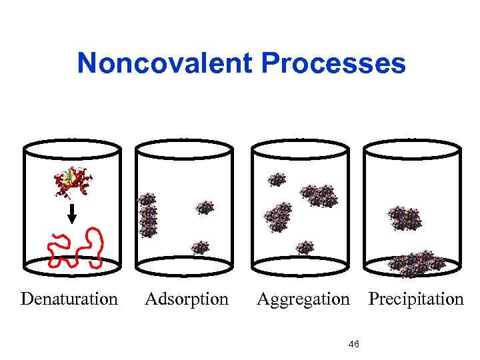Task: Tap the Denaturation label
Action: (x=69, y=299)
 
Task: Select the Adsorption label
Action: (x=187, y=299)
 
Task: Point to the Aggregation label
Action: (x=303, y=299)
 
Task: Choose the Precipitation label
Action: (x=416, y=299)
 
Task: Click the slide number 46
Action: (x=354, y=344)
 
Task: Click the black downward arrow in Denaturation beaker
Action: (x=73, y=213)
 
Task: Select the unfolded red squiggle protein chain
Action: (x=77, y=247)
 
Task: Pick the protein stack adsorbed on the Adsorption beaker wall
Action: (x=147, y=215)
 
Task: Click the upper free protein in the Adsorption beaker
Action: (x=205, y=207)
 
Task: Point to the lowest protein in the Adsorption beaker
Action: (x=199, y=248)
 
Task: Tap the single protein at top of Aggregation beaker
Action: (x=277, y=179)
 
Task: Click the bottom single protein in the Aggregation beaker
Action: (x=305, y=247)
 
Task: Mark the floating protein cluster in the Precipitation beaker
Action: (x=405, y=218)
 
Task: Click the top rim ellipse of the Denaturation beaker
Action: (x=73, y=147)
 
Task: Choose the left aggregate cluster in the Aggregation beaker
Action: (x=278, y=217)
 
